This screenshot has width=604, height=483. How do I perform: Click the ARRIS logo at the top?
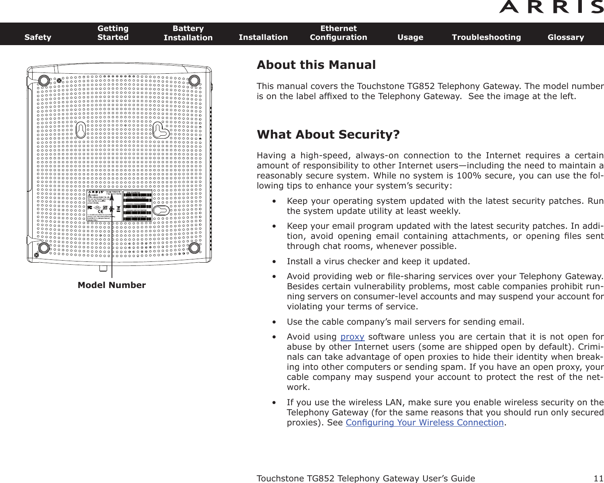pyautogui.click(x=551, y=7)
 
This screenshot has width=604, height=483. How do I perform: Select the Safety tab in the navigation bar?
pyautogui.click(x=38, y=37)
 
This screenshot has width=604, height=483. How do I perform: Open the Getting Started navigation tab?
pyautogui.click(x=113, y=33)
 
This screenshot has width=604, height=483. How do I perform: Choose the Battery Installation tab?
pyautogui.click(x=188, y=33)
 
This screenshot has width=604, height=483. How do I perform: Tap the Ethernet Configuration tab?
pyautogui.click(x=338, y=33)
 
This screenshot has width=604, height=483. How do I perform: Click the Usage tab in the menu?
pyautogui.click(x=410, y=37)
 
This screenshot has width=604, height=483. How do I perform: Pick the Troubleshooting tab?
pyautogui.click(x=486, y=37)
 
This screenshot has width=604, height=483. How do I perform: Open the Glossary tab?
pyautogui.click(x=565, y=37)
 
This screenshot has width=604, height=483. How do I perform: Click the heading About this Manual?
pyautogui.click(x=316, y=65)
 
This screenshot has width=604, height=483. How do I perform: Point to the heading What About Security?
pyautogui.click(x=328, y=135)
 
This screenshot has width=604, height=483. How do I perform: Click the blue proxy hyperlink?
pyautogui.click(x=352, y=337)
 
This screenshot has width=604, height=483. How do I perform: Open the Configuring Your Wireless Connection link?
pyautogui.click(x=425, y=423)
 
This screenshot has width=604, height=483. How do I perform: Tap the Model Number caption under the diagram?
pyautogui.click(x=112, y=285)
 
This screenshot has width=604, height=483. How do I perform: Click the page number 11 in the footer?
pyautogui.click(x=598, y=479)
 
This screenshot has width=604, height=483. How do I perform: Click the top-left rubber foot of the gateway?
pyautogui.click(x=44, y=80)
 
